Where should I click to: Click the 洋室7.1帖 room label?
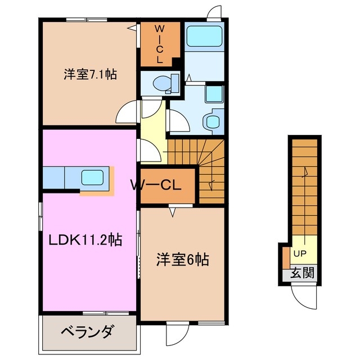point(90,74)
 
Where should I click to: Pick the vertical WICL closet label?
point(159,43)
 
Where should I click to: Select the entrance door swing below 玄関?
point(302,295)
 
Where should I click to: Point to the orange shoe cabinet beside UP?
point(286,256)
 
